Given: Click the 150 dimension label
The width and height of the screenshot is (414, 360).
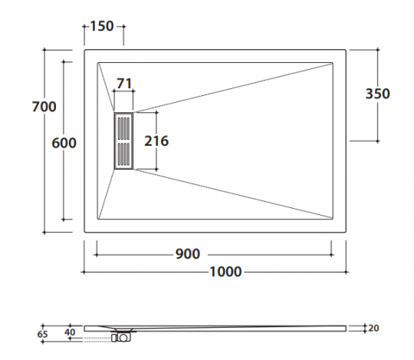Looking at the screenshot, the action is click(x=102, y=26).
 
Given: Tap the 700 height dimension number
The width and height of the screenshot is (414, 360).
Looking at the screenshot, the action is click(x=44, y=107).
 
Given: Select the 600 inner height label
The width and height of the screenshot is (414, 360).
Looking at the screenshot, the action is click(x=64, y=143).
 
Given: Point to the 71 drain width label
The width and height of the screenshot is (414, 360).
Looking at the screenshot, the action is click(x=124, y=84).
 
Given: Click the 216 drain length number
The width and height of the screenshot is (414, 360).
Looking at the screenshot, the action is click(x=156, y=141).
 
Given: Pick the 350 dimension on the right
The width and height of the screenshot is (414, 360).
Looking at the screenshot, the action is click(x=377, y=94).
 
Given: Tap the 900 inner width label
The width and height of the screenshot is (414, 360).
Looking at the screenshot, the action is click(x=188, y=254).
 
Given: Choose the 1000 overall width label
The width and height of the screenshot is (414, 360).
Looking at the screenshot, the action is click(x=225, y=272).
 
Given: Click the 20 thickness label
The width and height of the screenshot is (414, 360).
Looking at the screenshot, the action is click(x=373, y=329).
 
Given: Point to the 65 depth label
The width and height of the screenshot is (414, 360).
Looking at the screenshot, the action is click(x=42, y=335).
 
